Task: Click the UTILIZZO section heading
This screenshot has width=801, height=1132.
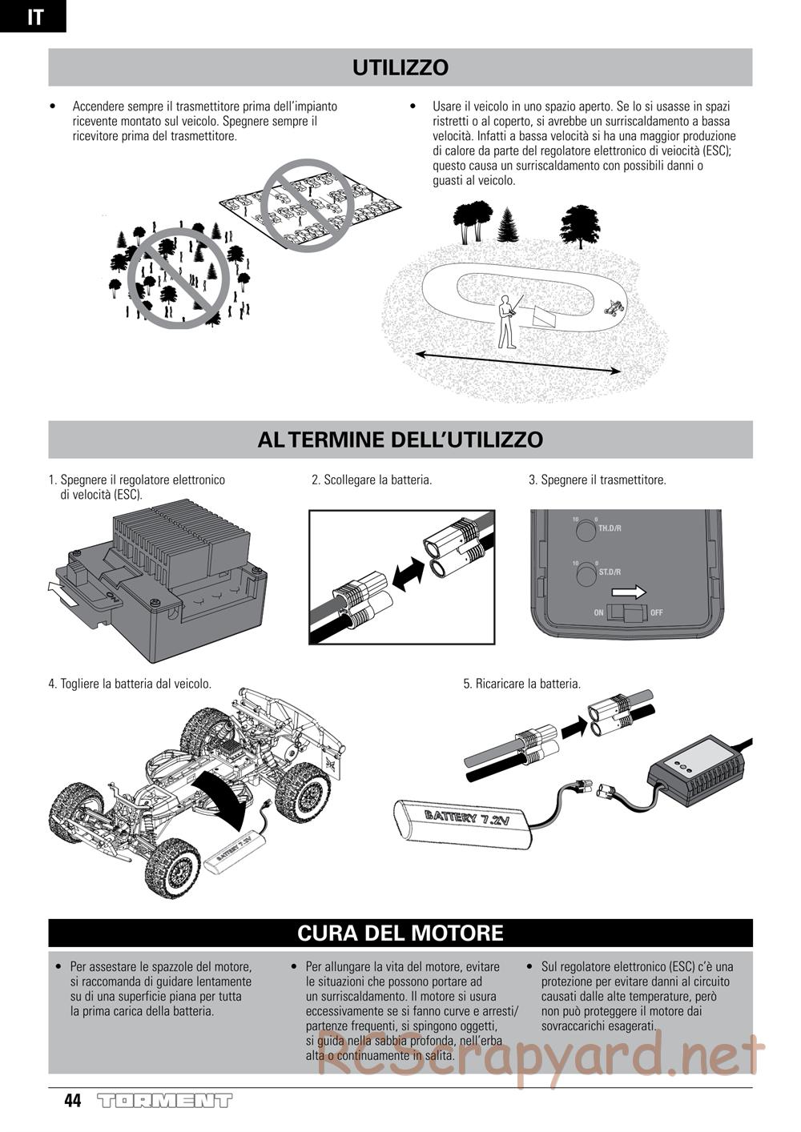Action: point(400,68)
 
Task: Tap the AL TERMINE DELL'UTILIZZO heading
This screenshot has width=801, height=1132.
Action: point(400,440)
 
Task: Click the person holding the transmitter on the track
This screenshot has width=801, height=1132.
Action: point(508,322)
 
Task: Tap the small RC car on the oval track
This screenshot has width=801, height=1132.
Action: point(615,307)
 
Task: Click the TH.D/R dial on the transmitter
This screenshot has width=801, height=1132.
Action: point(585,531)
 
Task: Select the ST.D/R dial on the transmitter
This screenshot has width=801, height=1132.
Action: point(585,575)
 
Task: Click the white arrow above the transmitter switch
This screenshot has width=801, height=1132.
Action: point(629,592)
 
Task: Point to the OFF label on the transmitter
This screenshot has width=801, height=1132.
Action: point(656,613)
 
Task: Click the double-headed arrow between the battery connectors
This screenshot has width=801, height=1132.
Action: point(408,573)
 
